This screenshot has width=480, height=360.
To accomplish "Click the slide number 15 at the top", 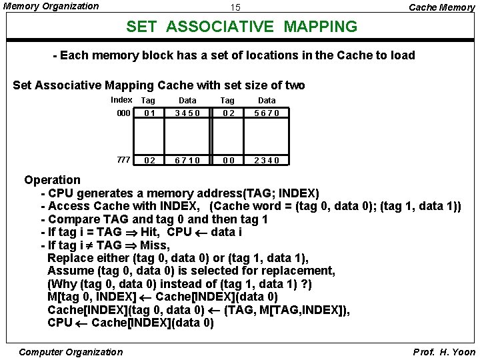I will [235, 8].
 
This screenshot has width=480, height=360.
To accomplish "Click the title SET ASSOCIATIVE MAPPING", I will [242, 27].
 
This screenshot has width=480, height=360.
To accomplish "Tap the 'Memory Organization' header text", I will [50, 6].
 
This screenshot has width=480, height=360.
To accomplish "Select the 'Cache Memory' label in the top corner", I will [441, 7].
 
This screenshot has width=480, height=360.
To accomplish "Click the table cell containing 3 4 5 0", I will [187, 113].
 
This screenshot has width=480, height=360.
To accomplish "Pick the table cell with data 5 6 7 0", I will [267, 113].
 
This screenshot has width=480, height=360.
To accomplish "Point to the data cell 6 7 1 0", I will [187, 160].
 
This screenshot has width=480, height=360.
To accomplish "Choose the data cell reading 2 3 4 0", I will [267, 160].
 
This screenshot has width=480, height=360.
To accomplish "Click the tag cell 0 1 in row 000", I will [149, 113].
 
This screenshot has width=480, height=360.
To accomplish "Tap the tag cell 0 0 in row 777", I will [227, 160].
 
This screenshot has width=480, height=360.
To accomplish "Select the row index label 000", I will [123, 113].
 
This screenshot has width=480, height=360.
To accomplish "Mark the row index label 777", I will [123, 159].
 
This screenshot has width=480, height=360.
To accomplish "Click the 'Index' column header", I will [121, 99].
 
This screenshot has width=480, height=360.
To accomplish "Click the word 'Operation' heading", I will [52, 179].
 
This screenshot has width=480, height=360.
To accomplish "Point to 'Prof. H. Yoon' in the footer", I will [444, 352].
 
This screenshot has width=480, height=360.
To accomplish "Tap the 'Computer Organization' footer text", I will [71, 352].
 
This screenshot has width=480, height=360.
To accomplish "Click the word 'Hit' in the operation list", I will [151, 232].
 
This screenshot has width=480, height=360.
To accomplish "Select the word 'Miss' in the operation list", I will [155, 245].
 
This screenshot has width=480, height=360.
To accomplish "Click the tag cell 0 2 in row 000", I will [227, 113].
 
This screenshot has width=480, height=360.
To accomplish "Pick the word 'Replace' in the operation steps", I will [71, 258].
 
